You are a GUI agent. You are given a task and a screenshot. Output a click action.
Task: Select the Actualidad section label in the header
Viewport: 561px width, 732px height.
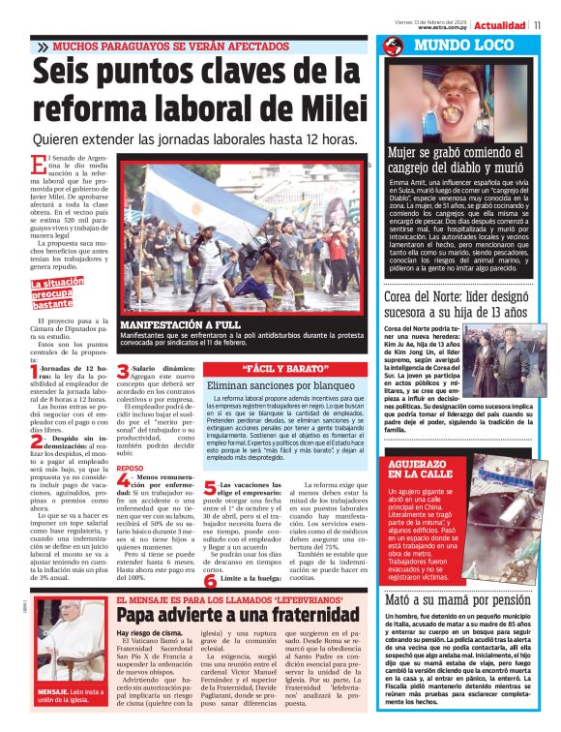(499, 25)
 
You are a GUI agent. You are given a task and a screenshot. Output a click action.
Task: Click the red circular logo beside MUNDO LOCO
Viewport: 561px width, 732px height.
(393, 46)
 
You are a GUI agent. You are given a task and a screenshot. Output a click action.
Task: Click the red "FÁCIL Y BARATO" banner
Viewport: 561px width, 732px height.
(270, 369)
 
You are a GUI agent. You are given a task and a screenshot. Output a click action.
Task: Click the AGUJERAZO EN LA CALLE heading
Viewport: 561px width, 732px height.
(421, 470)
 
